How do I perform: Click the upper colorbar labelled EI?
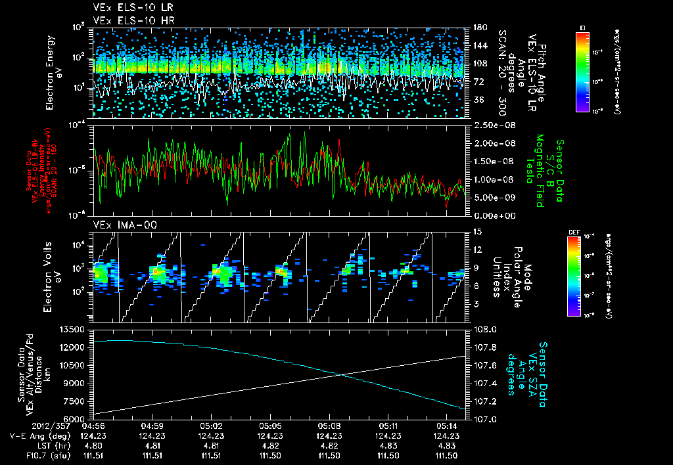pyautogui.click(x=582, y=72)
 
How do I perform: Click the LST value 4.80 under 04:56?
pyautogui.click(x=93, y=446)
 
